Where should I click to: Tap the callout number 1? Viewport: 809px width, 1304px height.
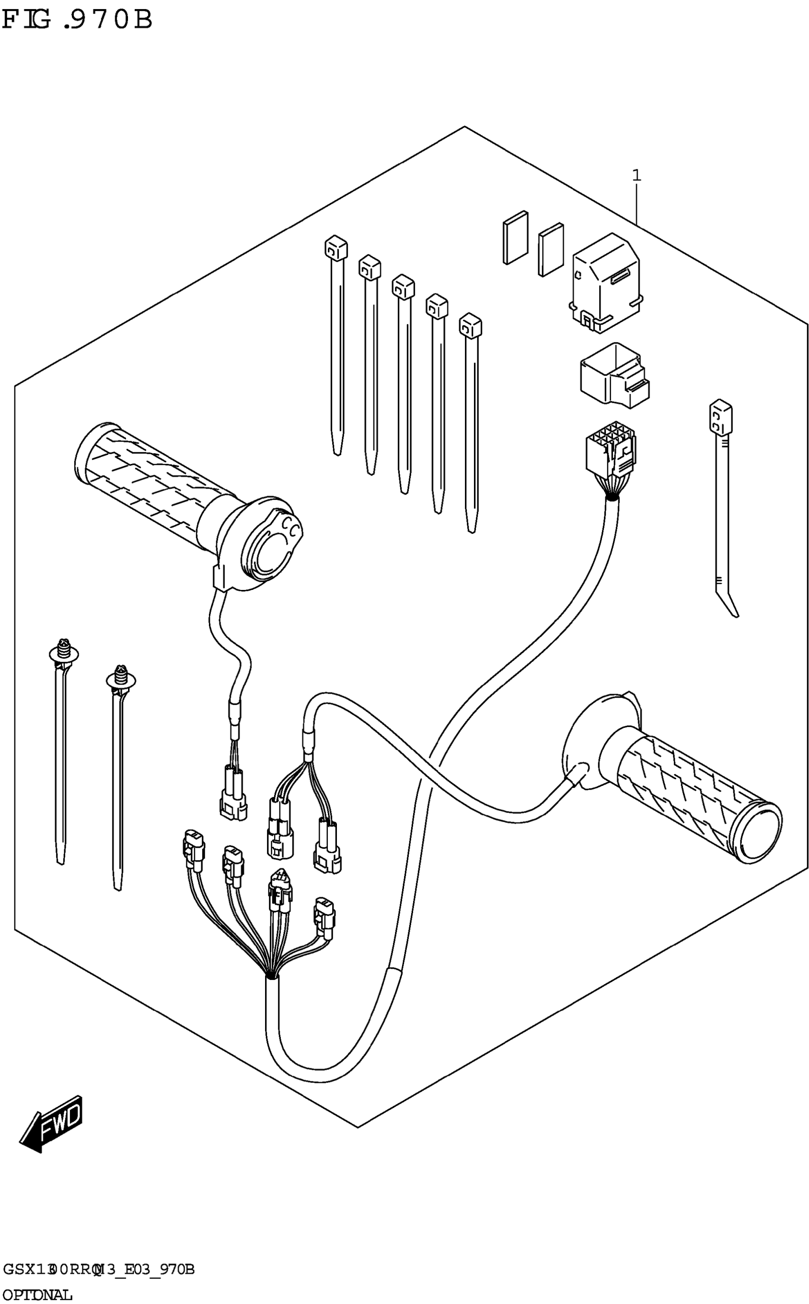tap(636, 176)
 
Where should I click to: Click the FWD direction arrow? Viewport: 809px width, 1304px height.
tap(51, 1123)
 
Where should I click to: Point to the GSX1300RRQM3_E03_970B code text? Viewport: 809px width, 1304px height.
tap(99, 1269)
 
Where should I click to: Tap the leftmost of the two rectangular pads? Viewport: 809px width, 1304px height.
tap(515, 237)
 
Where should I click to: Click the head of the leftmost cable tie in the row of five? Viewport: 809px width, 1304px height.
tap(336, 248)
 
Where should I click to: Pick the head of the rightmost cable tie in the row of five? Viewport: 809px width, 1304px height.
tap(470, 326)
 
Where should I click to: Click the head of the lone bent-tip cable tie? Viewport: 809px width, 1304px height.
tap(720, 418)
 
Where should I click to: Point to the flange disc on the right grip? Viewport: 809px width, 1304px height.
tap(586, 744)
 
